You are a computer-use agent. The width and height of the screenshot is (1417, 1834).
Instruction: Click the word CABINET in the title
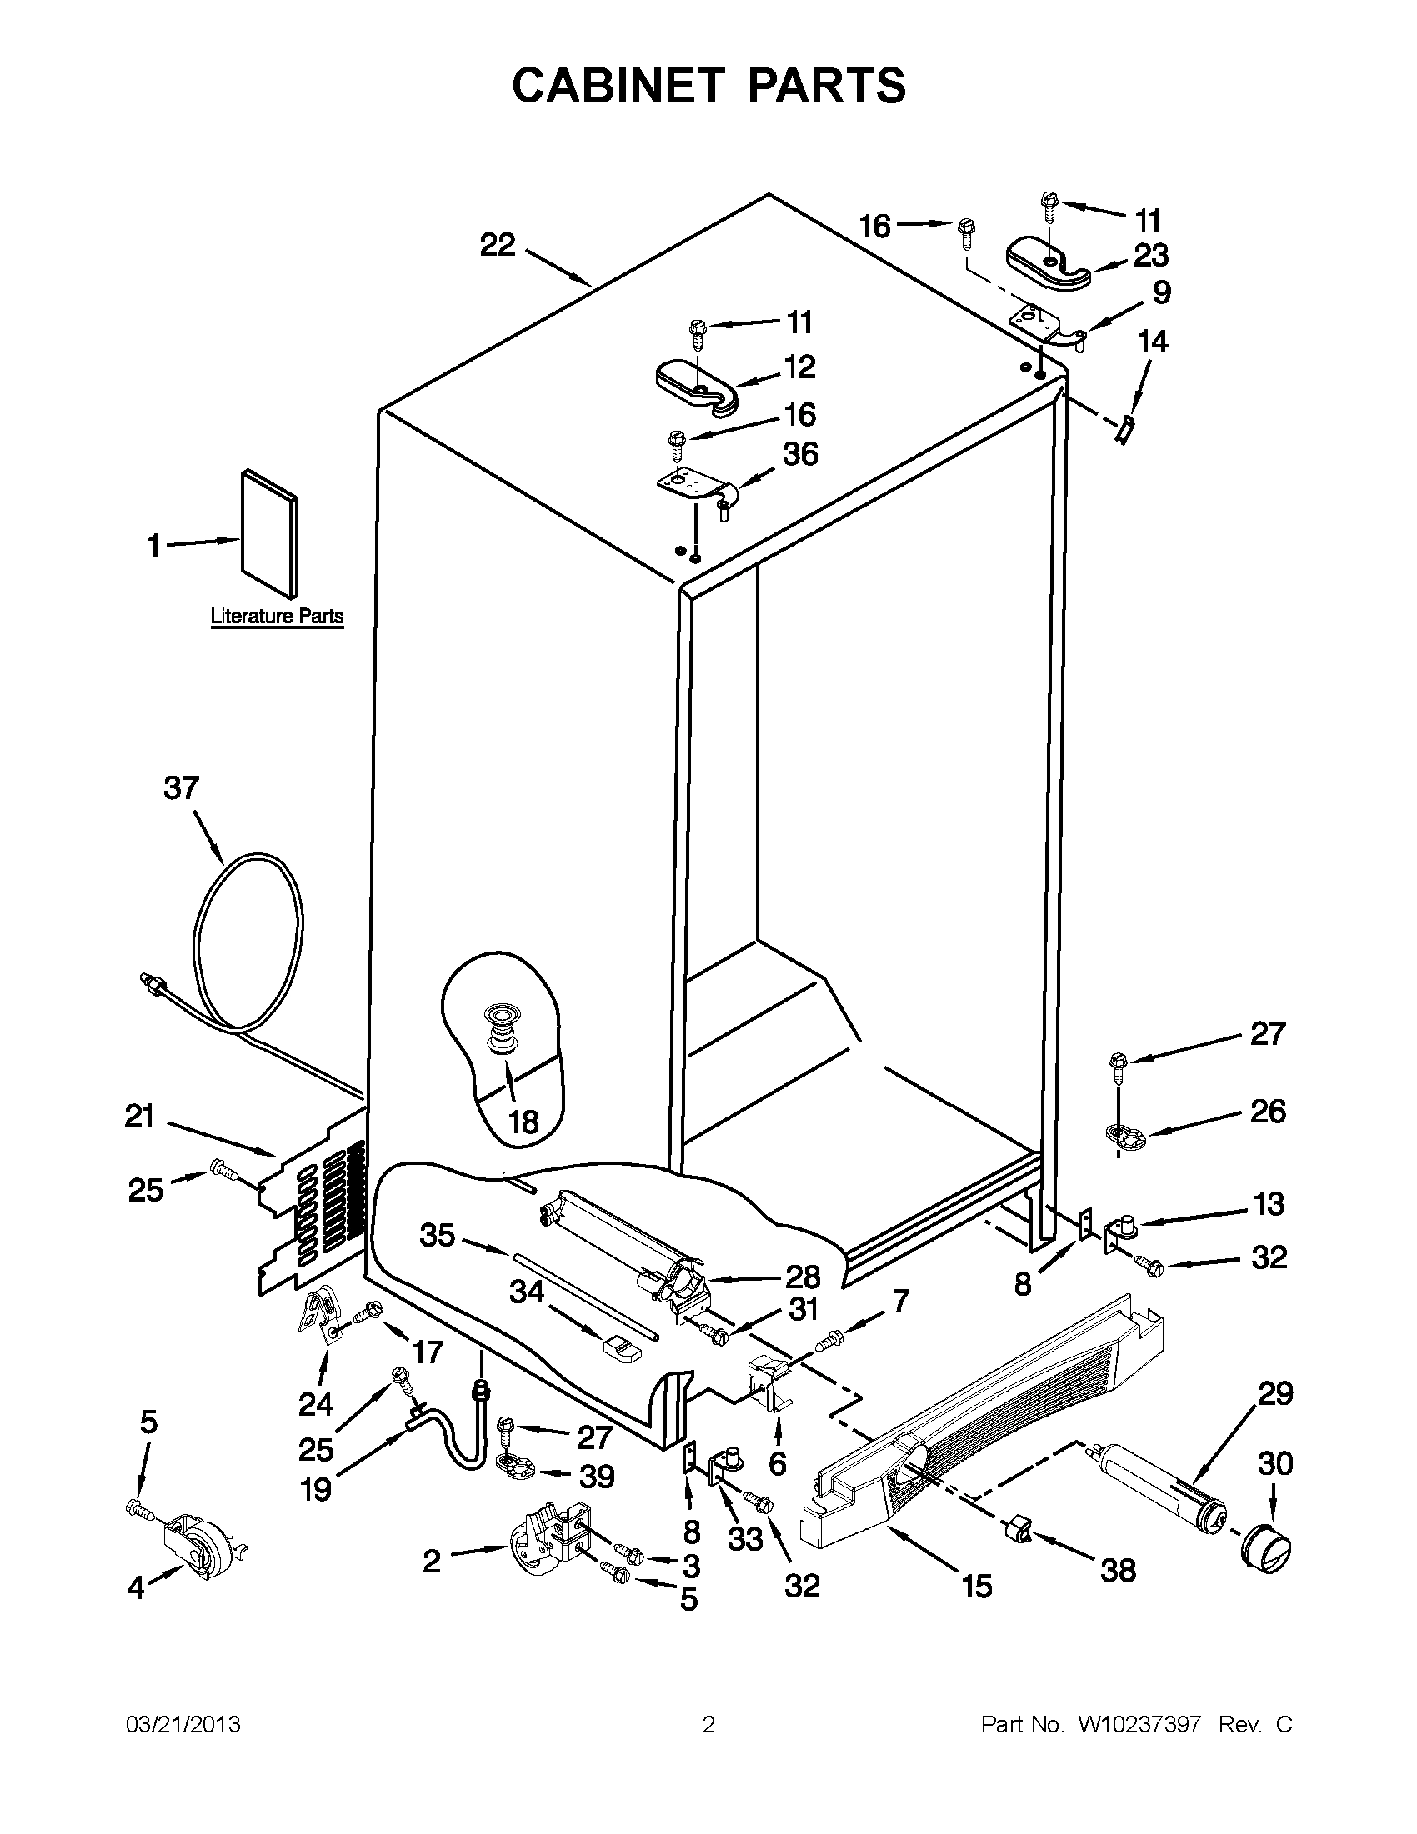coord(618,86)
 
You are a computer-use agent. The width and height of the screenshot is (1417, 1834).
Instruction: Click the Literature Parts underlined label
coord(277,617)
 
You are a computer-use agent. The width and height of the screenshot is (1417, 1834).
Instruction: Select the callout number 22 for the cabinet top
coord(498,245)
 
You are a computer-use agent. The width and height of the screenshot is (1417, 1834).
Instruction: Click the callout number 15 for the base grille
coord(977,1586)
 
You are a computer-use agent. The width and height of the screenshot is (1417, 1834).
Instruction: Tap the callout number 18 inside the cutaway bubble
coord(523,1121)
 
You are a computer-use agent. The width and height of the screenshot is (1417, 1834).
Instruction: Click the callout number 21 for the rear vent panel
coord(139,1116)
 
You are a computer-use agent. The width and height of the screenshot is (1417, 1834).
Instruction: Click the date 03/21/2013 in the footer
coord(183,1724)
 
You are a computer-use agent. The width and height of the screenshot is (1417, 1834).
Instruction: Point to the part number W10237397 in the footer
coord(1139,1724)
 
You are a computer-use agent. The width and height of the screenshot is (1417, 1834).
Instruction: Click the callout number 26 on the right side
coord(1268,1111)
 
